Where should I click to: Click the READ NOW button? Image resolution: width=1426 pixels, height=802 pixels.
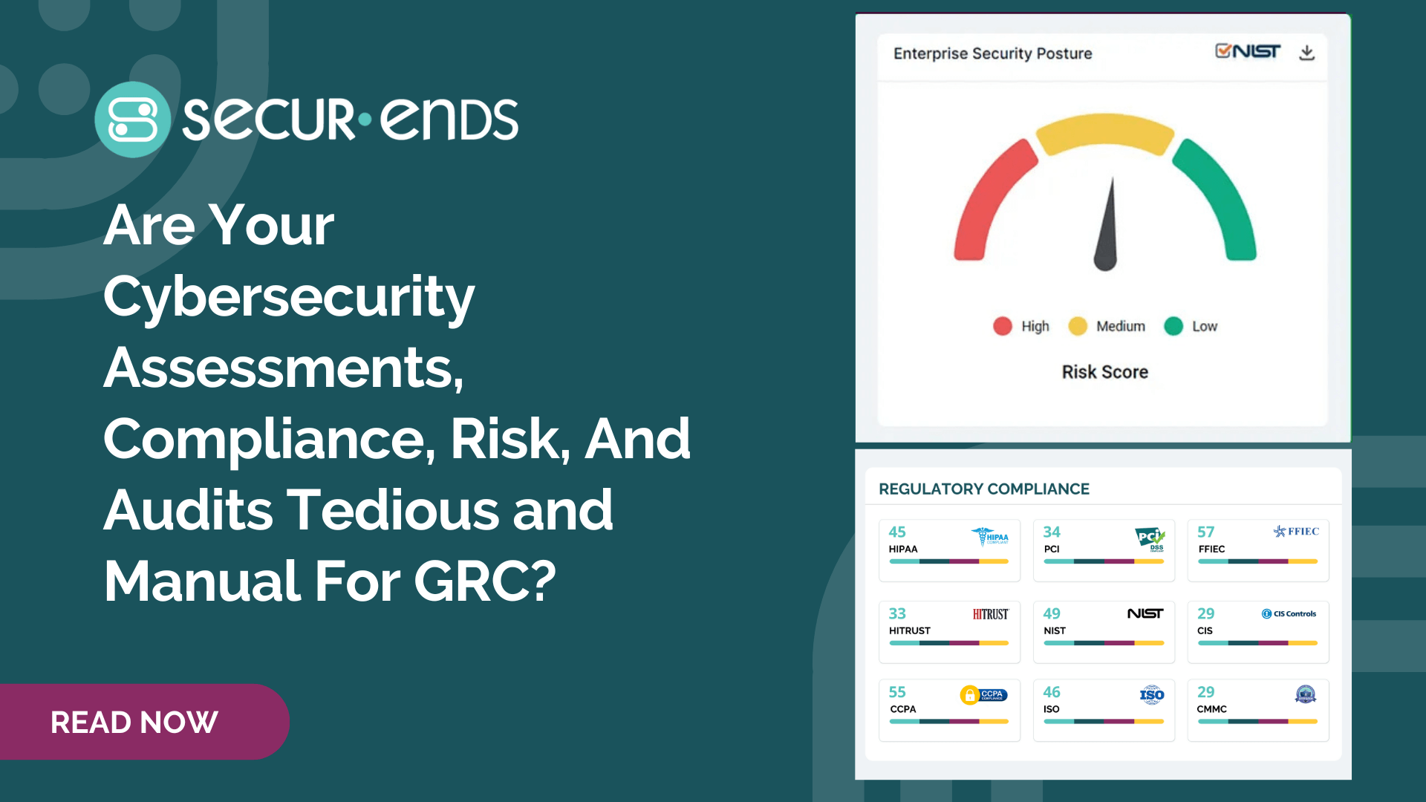point(134,722)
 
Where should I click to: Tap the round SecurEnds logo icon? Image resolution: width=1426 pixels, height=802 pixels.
point(133,120)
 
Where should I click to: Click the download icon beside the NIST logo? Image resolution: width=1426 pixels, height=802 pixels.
point(1307,53)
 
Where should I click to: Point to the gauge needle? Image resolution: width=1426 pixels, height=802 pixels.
point(1107,230)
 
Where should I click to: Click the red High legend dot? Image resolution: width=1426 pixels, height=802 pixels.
point(1003,326)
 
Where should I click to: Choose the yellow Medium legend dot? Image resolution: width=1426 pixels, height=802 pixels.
point(1078,326)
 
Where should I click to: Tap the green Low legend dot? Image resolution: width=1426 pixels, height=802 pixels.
point(1173,326)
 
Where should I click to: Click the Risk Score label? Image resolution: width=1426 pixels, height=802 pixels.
point(1104,372)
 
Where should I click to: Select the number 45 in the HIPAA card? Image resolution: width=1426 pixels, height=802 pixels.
point(897,532)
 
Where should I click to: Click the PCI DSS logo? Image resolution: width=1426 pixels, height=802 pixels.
point(1150,538)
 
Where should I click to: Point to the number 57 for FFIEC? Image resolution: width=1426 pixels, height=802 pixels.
point(1205,532)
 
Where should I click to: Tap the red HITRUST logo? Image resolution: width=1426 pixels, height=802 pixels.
point(991,614)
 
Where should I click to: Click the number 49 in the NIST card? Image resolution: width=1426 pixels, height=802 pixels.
point(1052,613)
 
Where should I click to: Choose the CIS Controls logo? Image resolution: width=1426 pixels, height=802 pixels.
point(1289,613)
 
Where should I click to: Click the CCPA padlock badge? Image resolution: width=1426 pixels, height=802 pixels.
point(969,695)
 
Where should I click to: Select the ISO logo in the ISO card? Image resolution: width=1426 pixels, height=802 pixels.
point(1152,695)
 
